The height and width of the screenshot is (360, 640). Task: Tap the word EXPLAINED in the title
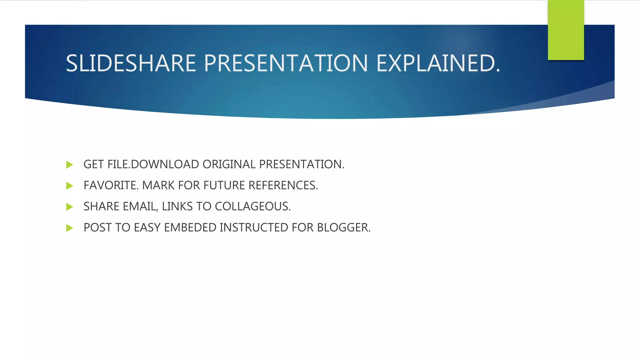click(x=438, y=63)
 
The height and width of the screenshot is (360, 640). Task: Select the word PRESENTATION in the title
click(x=286, y=63)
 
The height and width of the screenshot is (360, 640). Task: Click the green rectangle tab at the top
click(x=566, y=30)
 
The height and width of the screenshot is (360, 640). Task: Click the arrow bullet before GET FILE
click(x=70, y=165)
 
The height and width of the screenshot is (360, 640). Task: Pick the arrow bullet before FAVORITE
click(x=70, y=186)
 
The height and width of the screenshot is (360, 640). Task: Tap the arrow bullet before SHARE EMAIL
click(x=70, y=207)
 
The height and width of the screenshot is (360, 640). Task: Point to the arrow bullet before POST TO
click(x=70, y=228)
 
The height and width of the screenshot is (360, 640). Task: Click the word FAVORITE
click(x=111, y=185)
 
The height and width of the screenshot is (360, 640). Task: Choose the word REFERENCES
click(x=283, y=185)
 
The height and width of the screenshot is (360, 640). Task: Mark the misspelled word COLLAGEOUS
click(x=252, y=207)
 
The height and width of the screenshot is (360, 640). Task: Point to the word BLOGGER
click(x=344, y=227)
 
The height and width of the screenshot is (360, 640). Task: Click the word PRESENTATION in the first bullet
click(x=302, y=164)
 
